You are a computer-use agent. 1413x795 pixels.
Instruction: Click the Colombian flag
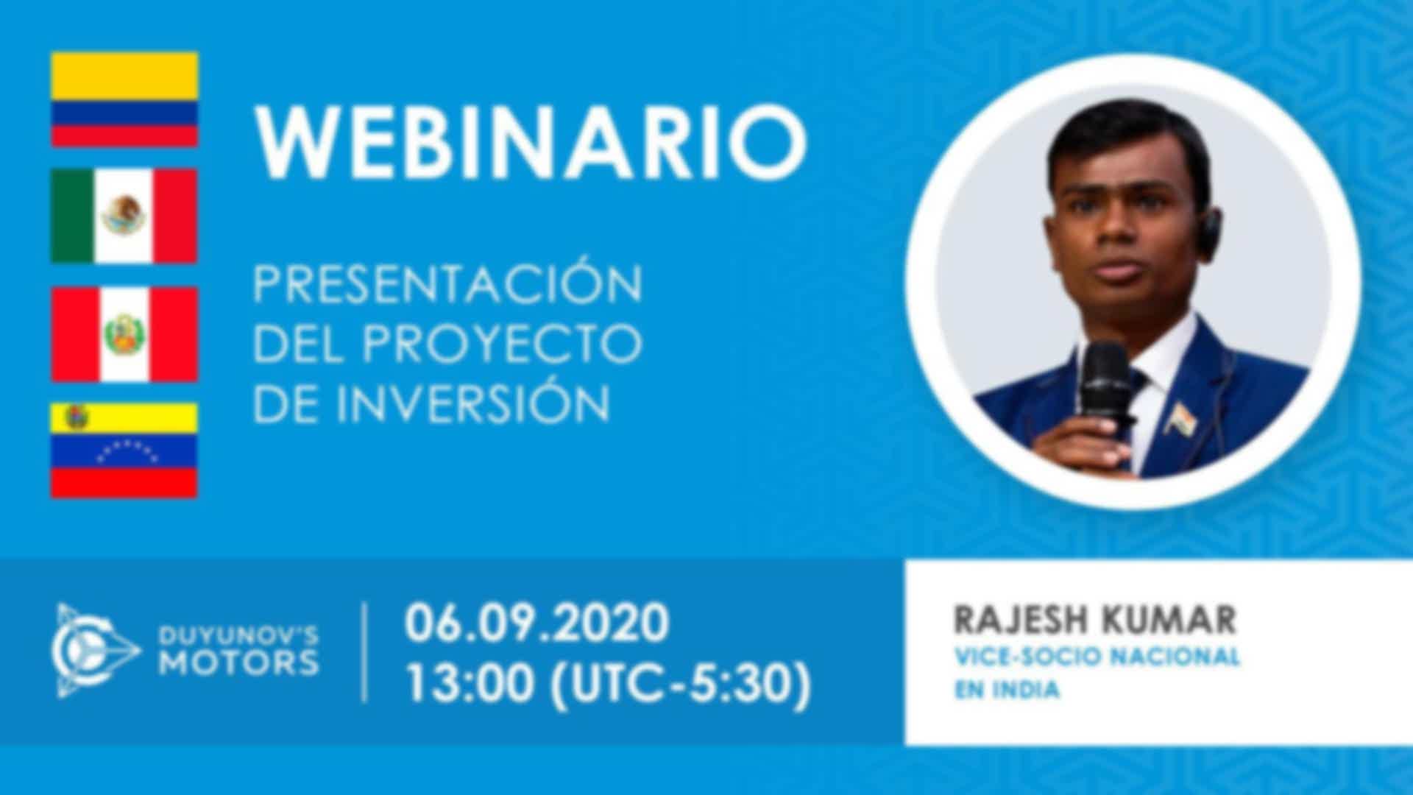coord(124,99)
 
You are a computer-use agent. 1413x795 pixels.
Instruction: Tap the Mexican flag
coord(124,216)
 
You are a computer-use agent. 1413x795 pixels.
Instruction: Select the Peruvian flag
coord(124,334)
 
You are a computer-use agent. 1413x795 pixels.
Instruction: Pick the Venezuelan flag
coord(124,451)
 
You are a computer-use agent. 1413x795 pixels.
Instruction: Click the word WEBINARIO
coord(530,144)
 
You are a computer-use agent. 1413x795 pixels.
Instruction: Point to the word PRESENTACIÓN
coord(447,283)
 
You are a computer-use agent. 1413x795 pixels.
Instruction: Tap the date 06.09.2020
coord(536,623)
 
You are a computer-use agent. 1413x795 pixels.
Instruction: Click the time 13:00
coord(470,684)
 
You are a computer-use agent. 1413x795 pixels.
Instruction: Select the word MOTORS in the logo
coord(240,663)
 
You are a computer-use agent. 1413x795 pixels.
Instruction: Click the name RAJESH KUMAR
coord(1094,621)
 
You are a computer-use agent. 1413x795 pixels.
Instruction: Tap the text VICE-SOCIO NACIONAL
coord(1097,657)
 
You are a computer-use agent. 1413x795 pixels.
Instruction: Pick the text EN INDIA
coord(1007,690)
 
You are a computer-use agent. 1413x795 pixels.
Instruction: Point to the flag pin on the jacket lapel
coord(1182,418)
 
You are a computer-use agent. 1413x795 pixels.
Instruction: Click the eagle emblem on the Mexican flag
coord(124,215)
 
